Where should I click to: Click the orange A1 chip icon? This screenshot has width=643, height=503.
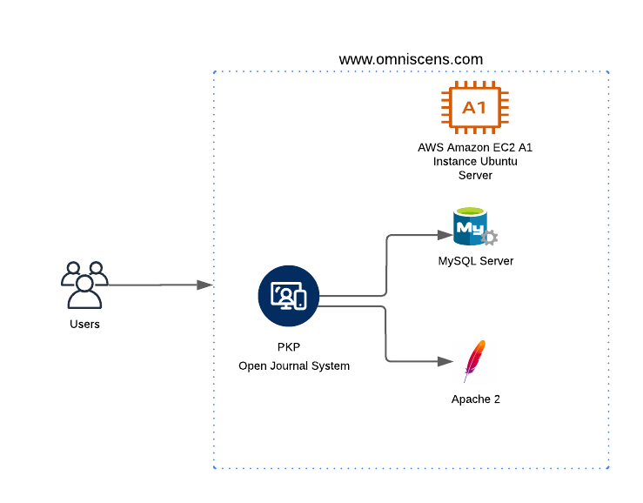(x=474, y=108)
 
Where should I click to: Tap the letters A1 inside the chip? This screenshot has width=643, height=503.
(x=474, y=108)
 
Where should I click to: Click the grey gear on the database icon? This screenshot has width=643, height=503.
(x=490, y=238)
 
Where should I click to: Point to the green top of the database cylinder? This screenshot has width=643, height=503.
(x=471, y=211)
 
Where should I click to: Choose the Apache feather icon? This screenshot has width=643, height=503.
(x=475, y=361)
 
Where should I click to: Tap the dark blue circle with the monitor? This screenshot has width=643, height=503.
(x=289, y=296)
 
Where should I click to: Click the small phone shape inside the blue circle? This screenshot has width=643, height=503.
(x=299, y=300)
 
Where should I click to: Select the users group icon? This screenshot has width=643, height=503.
(x=84, y=285)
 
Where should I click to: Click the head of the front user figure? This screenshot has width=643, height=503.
(x=84, y=283)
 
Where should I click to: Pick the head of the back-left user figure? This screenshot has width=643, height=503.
(x=73, y=268)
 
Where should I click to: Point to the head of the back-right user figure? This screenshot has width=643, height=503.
(x=96, y=268)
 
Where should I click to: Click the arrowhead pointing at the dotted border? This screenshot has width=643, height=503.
(x=205, y=285)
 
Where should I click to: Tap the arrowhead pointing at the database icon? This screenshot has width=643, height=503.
(x=445, y=235)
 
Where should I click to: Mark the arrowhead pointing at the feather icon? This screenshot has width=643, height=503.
(x=445, y=361)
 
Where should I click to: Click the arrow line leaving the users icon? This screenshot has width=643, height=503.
(x=152, y=285)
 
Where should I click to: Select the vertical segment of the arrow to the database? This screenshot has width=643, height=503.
(x=386, y=265)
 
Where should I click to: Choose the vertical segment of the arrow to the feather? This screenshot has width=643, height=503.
(x=386, y=333)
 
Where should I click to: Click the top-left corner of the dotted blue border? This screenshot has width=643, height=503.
(x=214, y=72)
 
